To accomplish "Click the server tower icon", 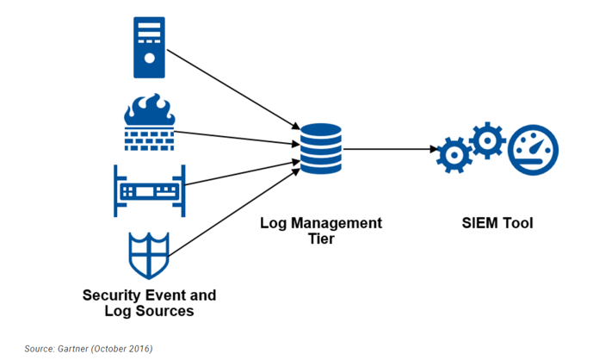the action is [149, 47].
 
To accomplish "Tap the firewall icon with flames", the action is [150, 122].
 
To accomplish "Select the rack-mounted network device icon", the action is [150, 191].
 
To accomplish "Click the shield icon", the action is [149, 256].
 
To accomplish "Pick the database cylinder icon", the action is [321, 149].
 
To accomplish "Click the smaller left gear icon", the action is [454, 155].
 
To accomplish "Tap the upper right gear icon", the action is [487, 140].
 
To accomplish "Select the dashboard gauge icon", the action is [533, 150].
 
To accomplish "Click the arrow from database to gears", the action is [390, 149].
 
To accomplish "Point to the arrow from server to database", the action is [233, 90].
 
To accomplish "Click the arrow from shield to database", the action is [234, 213].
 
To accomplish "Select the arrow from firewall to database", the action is [238, 138].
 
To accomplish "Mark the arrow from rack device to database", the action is [243, 173].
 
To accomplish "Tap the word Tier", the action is [321, 239].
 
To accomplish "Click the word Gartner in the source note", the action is [72, 349].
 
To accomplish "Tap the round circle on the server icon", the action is [150, 58].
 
